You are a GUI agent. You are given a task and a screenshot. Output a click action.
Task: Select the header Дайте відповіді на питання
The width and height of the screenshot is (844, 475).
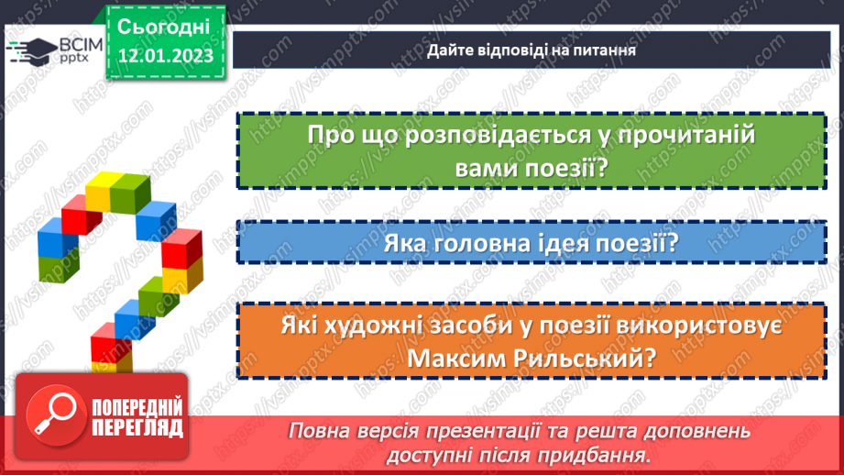[x=532, y=50]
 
